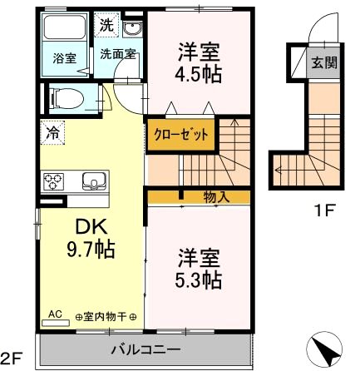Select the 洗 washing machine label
[106, 25]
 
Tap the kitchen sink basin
[91, 181]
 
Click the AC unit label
[56, 315]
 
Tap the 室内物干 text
[106, 317]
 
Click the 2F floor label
[11, 359]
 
